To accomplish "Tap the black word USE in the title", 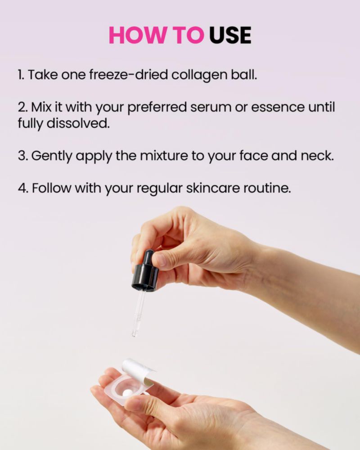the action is (230, 35).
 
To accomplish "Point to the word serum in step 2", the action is (211, 108).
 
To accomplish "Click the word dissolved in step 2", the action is (78, 123).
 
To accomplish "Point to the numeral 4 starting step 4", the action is (22, 189).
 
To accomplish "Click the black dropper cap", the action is (145, 272).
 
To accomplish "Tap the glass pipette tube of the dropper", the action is (137, 313).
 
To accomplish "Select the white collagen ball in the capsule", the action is (126, 393).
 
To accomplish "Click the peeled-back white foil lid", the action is (138, 370).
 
